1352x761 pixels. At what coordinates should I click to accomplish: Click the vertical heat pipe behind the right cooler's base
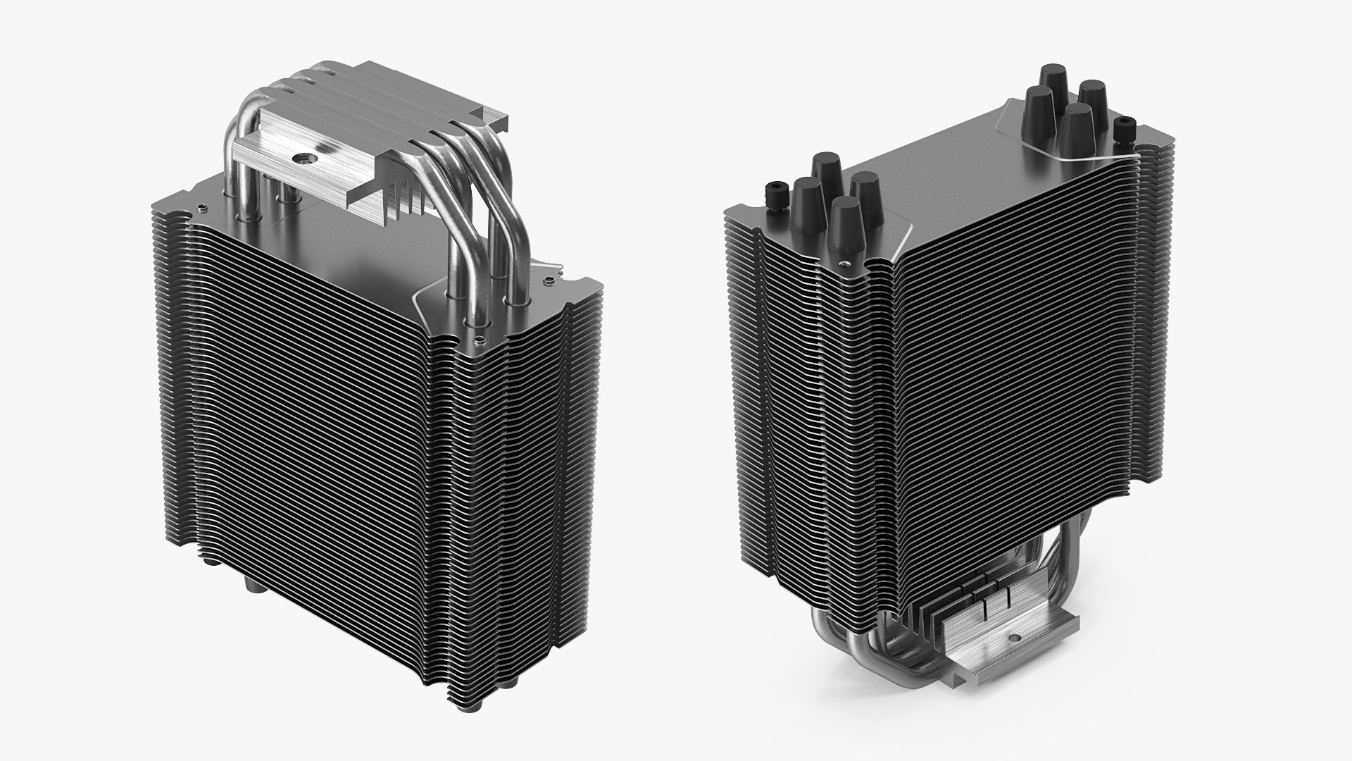(x=1085, y=557)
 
